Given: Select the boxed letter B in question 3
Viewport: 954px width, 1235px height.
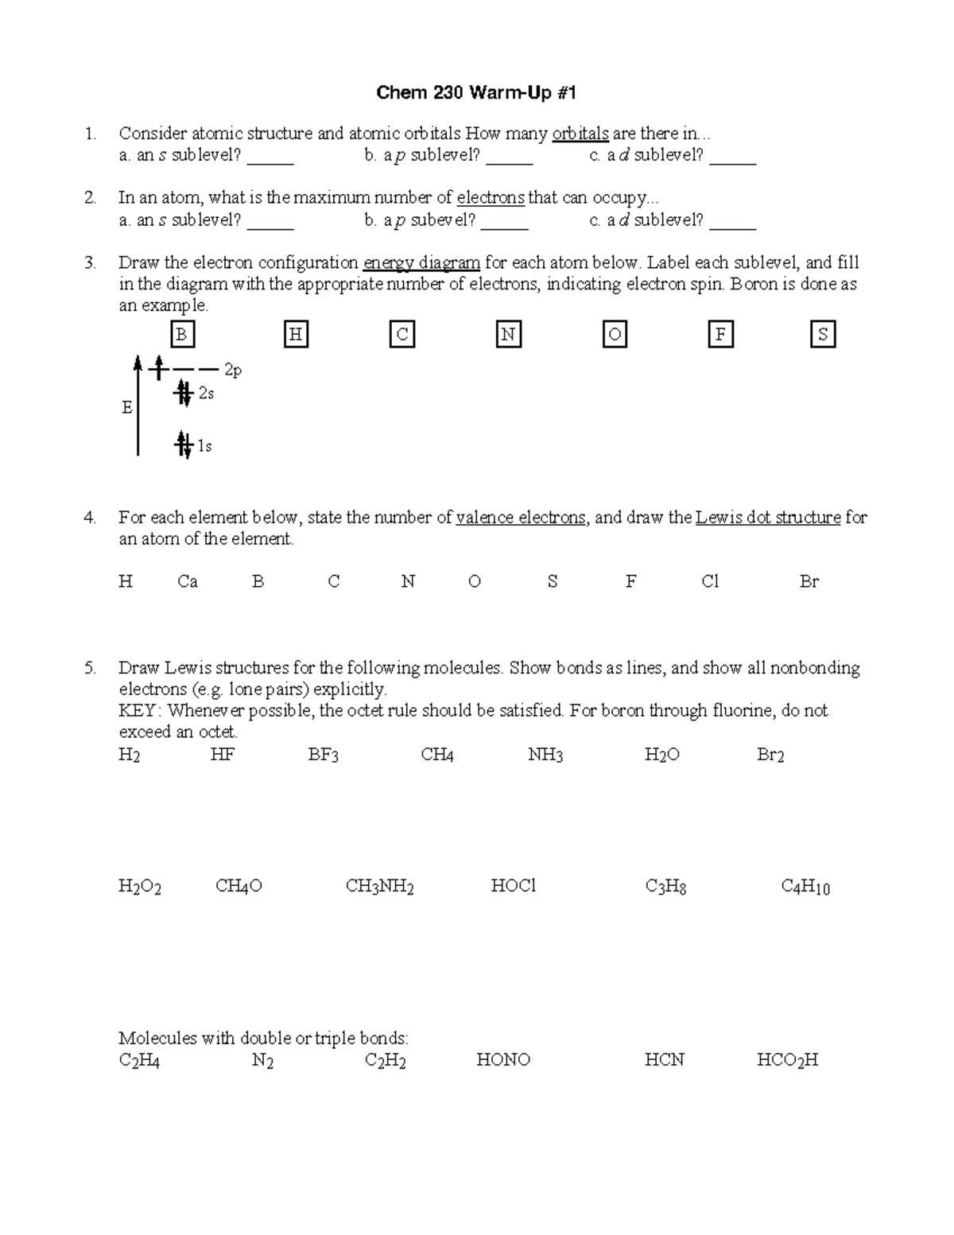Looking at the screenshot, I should click(181, 335).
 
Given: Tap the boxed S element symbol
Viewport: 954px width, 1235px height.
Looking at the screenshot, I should click(823, 335).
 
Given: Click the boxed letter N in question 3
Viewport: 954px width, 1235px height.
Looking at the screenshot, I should click(508, 335).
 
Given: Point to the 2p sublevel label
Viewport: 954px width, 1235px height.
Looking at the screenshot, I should click(233, 370).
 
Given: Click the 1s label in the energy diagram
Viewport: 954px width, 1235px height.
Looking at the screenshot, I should click(204, 447).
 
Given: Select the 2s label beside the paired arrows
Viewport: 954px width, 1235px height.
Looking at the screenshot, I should click(206, 393).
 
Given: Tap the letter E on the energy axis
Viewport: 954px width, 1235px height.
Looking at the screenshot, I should click(126, 408).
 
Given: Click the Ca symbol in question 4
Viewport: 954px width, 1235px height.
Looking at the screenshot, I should click(188, 581).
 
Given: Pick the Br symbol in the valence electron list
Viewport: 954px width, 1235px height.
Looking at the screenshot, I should click(809, 581).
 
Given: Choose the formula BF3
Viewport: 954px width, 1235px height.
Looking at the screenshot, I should click(324, 755).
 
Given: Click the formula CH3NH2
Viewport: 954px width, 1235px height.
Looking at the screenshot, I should click(379, 887).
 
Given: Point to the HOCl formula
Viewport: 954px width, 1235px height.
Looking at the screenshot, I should click(514, 886).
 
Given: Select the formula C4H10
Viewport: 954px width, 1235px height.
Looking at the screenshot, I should click(805, 887).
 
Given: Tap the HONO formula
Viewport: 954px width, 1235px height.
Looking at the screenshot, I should click(503, 1060).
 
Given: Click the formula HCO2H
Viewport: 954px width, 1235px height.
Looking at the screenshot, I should click(787, 1060).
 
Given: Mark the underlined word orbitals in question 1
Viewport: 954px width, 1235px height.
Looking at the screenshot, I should click(580, 134).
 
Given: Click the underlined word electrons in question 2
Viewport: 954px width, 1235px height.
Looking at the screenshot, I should click(491, 198).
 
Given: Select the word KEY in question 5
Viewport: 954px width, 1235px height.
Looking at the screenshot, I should click(138, 710).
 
